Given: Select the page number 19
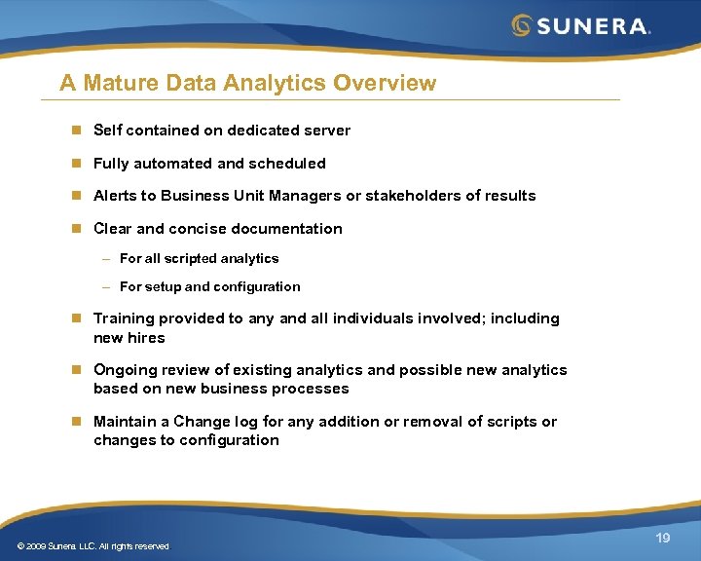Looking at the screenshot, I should click(663, 538).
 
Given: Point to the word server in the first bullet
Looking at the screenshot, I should click(327, 131).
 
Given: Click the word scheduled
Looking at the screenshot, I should click(287, 164).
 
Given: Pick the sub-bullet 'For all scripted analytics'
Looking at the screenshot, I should click(199, 259).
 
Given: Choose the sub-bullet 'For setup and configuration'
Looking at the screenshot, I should click(209, 287).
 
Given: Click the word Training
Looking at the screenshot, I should click(124, 319).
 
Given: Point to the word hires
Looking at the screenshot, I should click(146, 338).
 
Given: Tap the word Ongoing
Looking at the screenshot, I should click(122, 370).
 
